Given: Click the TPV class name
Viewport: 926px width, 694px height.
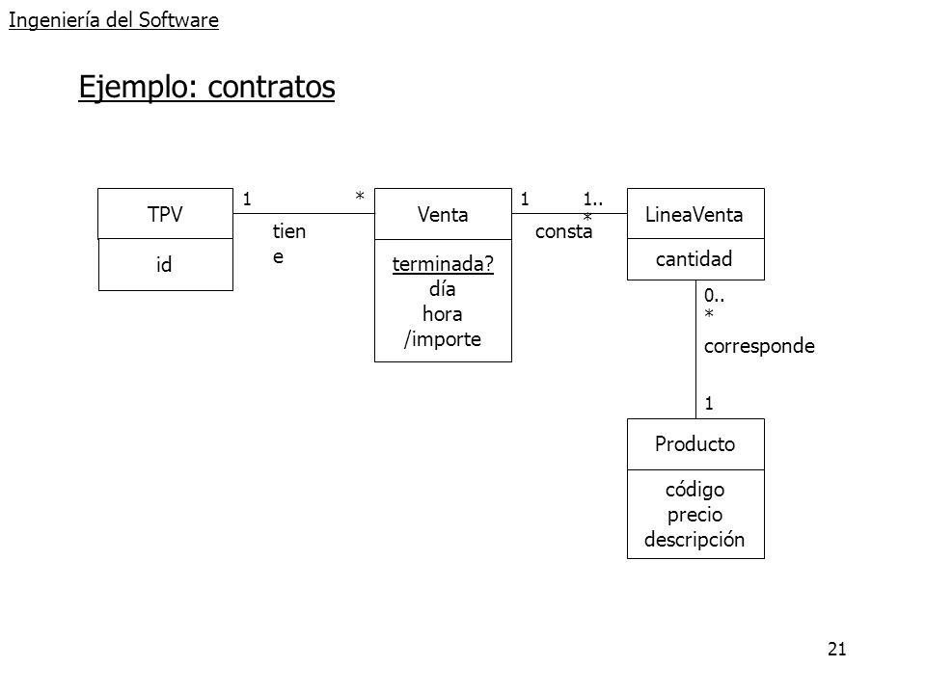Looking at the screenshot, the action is coord(165,214).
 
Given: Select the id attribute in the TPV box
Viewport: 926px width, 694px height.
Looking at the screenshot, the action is coord(164,264).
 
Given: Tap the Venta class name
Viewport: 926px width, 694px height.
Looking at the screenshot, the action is coord(443,214).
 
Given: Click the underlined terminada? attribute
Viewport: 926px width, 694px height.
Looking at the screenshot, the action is coord(443,264).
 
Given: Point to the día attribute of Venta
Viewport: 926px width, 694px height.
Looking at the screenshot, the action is coord(443,288).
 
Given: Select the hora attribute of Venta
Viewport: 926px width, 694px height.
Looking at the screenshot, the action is coord(443,314).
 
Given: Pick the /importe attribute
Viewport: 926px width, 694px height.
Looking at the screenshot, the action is coord(443,339).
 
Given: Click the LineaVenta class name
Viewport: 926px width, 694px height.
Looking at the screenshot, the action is coord(694,214).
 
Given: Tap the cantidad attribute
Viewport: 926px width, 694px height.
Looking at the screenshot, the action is coord(694,258).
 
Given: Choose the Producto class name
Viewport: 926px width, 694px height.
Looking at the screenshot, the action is coord(695,443).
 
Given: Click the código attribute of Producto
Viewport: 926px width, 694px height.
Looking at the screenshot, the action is coord(695,490).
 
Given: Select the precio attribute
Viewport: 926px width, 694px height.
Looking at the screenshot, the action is coord(695,515).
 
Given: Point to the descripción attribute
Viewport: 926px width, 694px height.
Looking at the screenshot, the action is coord(694,540).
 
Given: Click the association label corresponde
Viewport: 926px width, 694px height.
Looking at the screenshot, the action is coord(759,346).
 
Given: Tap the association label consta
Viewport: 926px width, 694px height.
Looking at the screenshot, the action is coord(564,231).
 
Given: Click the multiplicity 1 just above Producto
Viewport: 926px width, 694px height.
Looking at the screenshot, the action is coord(709,404).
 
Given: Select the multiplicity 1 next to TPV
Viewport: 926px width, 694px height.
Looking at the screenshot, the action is coord(247,199).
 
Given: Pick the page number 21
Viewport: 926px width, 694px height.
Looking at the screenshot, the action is coord(837,649).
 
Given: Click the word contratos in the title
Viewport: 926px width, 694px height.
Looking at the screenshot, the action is coord(272,88).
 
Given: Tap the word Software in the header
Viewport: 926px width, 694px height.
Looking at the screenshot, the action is coord(179,20).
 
